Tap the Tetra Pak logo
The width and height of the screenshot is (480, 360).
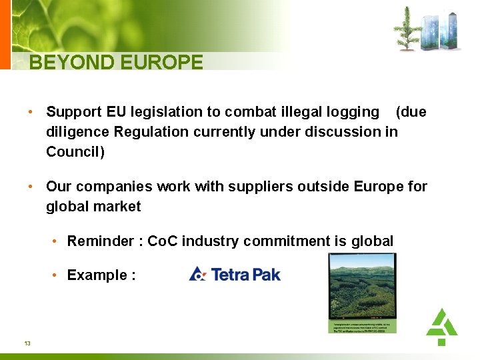[x=235, y=274]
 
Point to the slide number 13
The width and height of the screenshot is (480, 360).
[x=27, y=343]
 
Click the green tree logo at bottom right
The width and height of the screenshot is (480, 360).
[x=441, y=326]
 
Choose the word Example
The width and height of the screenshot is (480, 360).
[x=97, y=275]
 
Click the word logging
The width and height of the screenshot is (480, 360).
[x=354, y=113]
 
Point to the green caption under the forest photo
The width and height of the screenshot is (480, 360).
[x=362, y=326]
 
